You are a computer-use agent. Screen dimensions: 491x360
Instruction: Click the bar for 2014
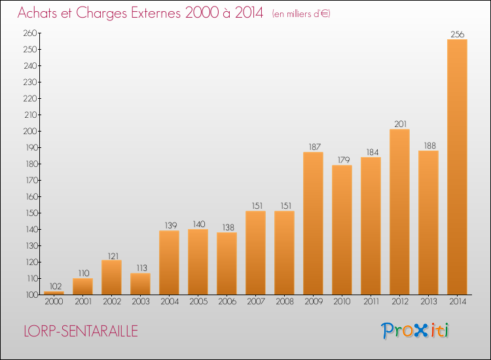click(457, 167)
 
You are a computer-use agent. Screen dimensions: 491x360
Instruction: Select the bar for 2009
click(313, 223)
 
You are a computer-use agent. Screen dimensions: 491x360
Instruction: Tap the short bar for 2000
click(54, 293)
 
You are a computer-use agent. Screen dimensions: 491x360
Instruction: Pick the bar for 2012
click(399, 212)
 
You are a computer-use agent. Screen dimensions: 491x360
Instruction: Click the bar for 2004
click(169, 262)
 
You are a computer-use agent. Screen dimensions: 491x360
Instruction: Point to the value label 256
click(457, 34)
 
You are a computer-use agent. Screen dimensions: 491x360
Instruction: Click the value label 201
click(400, 124)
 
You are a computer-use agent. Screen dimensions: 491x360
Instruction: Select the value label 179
click(343, 160)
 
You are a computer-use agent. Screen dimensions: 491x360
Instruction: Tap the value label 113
click(141, 268)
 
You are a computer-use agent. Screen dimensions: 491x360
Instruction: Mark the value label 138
click(228, 227)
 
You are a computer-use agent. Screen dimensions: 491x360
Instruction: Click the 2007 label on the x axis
click(256, 301)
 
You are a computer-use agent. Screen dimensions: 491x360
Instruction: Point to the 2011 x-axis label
click(371, 301)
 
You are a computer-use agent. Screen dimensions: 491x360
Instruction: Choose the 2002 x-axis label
click(112, 301)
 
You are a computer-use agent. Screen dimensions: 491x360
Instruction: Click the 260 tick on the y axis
click(30, 33)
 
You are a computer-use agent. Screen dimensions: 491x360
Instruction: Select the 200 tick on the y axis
click(30, 131)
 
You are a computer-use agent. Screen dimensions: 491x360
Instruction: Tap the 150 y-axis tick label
click(31, 213)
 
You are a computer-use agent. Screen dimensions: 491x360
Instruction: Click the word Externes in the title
click(156, 13)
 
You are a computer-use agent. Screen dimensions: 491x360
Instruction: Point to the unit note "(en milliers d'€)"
click(301, 14)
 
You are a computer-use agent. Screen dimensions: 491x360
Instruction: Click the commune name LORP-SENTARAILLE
click(81, 331)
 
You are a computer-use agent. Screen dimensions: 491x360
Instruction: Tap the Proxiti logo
click(415, 331)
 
